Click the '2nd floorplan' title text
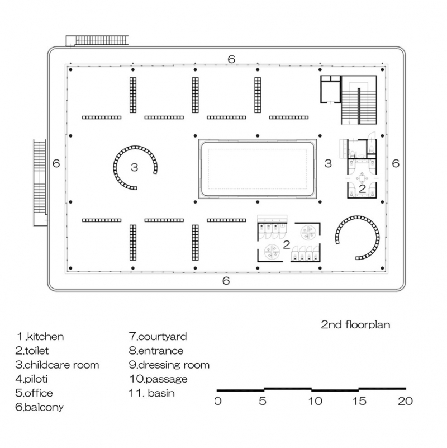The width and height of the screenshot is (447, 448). (x=355, y=324)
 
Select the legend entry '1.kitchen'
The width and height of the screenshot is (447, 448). (x=40, y=337)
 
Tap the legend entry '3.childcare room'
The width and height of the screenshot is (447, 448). (x=58, y=365)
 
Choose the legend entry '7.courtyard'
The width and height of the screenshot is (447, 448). (x=158, y=337)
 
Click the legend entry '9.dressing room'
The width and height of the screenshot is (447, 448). (x=169, y=365)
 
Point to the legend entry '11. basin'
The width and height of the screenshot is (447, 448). (x=152, y=393)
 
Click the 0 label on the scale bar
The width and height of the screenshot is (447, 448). (x=218, y=401)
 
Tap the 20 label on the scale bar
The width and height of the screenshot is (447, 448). (x=405, y=401)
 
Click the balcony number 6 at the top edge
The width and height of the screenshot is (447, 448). (x=231, y=59)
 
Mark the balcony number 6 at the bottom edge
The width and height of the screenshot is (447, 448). (x=226, y=281)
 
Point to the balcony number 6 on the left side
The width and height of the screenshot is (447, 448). (x=55, y=163)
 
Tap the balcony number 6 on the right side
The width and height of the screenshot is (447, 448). (x=396, y=163)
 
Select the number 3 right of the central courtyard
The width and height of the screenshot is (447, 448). (x=329, y=163)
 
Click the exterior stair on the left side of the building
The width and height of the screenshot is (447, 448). (x=39, y=182)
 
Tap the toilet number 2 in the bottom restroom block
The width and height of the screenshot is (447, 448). (x=286, y=244)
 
